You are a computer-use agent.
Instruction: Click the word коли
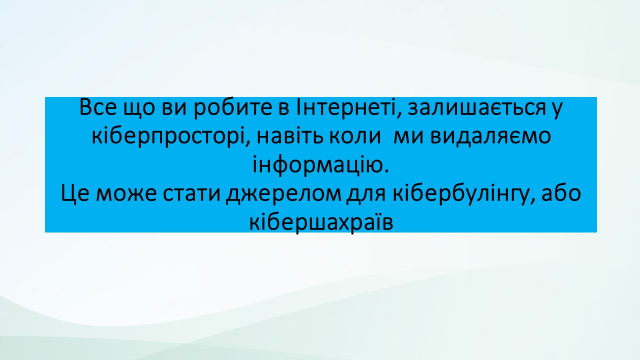click(355, 137)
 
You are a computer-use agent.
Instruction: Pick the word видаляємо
click(490, 137)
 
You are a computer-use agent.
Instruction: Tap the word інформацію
click(320, 165)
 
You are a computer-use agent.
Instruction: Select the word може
click(126, 195)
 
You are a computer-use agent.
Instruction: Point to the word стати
click(191, 195)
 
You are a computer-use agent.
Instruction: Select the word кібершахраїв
click(321, 223)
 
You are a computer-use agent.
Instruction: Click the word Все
click(97, 107)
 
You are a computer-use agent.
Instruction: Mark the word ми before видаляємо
click(408, 137)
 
